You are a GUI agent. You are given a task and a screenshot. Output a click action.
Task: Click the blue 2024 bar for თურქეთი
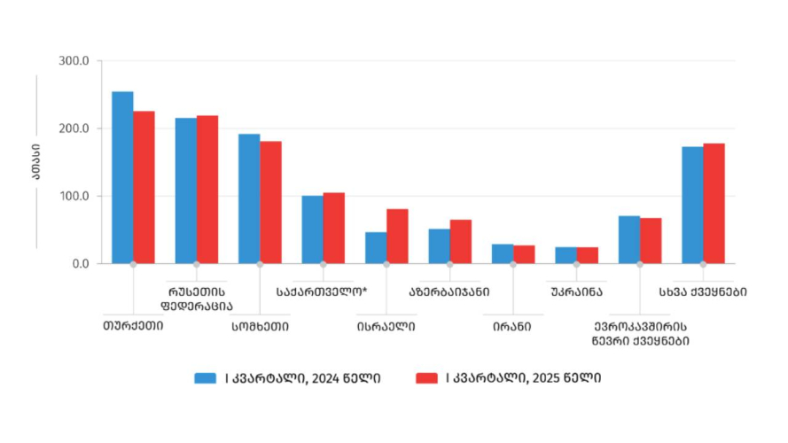(122, 177)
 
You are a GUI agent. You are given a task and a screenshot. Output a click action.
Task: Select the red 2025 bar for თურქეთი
(144, 187)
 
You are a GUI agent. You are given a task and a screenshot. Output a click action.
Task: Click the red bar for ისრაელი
(397, 236)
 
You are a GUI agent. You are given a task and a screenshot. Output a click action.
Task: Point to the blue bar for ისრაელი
(376, 247)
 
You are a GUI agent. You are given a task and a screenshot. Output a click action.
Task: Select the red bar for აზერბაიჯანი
(461, 241)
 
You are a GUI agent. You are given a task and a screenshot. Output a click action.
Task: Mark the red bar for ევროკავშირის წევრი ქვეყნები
(651, 240)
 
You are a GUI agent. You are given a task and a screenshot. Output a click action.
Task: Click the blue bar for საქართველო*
(312, 229)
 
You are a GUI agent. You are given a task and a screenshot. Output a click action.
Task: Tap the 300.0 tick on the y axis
(74, 61)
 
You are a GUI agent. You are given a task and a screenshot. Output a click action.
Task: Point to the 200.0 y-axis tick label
(74, 128)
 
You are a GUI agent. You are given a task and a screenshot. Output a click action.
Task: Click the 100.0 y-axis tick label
(74, 196)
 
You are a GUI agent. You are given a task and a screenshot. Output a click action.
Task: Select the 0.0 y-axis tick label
(80, 263)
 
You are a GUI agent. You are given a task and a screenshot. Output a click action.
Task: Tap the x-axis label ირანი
(513, 325)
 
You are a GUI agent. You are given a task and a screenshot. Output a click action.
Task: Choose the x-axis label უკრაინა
(576, 291)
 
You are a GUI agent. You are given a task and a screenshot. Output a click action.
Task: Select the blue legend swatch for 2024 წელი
(206, 378)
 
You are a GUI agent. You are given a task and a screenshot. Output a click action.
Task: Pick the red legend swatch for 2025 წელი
(426, 378)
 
